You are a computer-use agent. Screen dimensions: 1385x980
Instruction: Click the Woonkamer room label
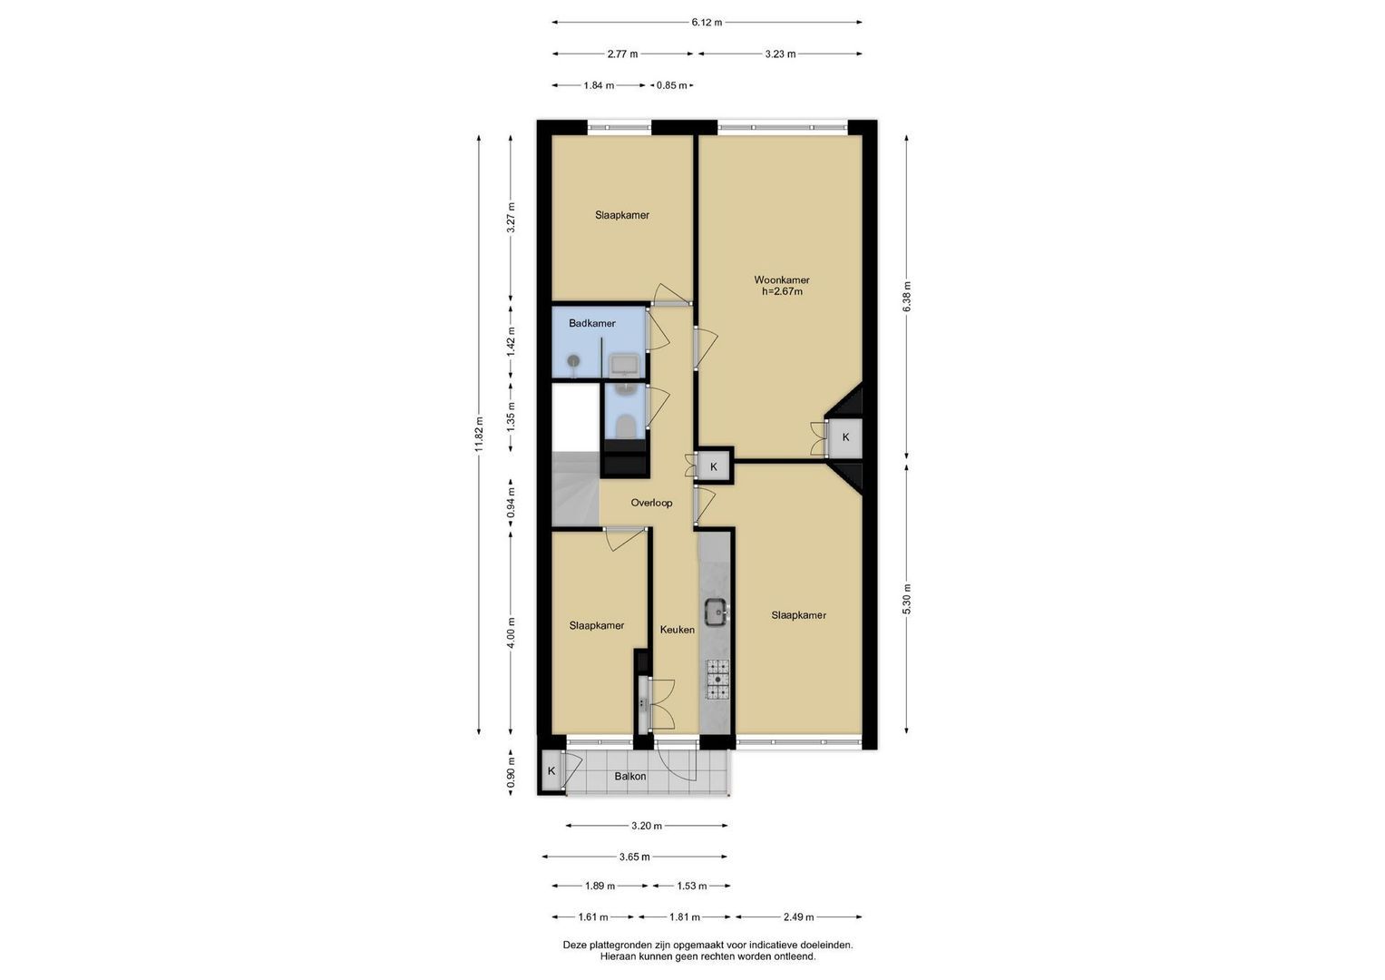click(x=782, y=279)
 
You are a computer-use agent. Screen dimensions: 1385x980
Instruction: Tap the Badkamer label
click(x=591, y=323)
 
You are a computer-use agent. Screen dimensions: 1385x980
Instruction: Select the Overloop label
click(x=651, y=503)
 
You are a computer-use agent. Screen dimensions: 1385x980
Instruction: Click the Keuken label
click(x=677, y=629)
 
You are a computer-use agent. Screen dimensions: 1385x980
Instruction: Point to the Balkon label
click(x=630, y=776)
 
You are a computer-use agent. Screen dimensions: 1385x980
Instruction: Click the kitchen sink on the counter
click(x=716, y=612)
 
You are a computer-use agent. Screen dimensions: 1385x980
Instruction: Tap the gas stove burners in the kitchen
click(x=717, y=680)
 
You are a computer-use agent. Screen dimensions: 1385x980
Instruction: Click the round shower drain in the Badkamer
click(x=574, y=361)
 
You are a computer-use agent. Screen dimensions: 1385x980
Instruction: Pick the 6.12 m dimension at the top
click(x=707, y=23)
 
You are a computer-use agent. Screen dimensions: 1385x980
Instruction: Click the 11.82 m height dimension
click(x=479, y=435)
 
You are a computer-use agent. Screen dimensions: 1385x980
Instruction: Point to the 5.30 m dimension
click(x=906, y=599)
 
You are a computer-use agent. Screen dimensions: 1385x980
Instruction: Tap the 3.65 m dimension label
click(x=634, y=857)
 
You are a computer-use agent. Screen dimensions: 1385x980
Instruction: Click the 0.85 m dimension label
click(x=671, y=85)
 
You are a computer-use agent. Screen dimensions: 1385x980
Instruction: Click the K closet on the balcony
click(x=551, y=771)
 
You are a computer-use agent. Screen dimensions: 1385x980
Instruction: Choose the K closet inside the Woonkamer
click(x=845, y=436)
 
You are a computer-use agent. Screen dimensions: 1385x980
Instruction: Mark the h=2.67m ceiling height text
click(x=782, y=291)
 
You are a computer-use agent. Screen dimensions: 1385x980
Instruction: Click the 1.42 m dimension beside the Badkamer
click(x=510, y=341)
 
